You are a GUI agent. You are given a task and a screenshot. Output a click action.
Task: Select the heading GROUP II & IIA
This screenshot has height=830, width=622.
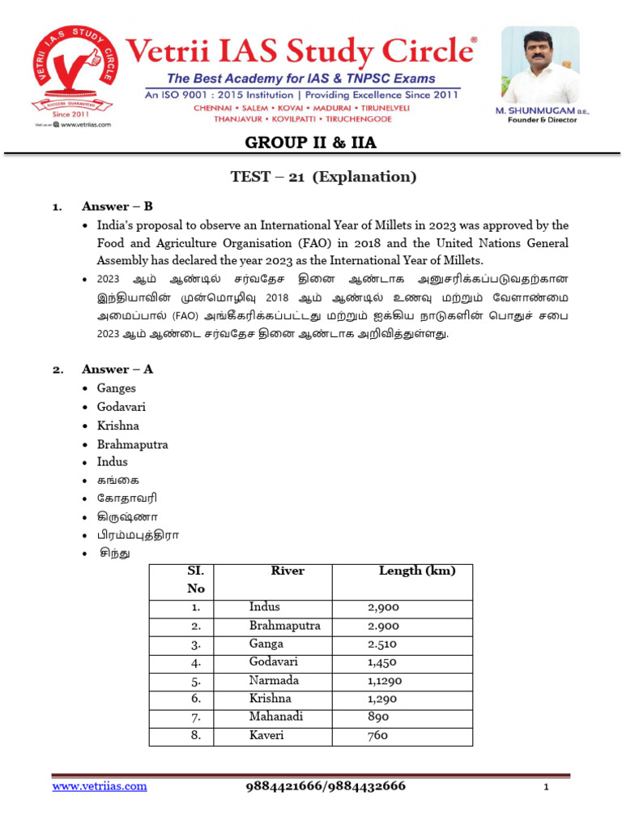311,143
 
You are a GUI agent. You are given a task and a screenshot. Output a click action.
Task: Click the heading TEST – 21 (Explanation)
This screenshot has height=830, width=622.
311,177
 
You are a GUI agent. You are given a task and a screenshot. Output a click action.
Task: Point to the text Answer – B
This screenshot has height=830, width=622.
117,206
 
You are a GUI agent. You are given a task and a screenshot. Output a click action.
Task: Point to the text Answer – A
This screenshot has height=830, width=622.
117,369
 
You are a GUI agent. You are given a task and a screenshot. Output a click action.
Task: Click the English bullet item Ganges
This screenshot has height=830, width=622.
117,388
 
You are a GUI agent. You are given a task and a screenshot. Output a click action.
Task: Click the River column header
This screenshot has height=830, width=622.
288,571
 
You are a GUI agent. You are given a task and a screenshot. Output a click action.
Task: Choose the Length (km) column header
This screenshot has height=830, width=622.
416,571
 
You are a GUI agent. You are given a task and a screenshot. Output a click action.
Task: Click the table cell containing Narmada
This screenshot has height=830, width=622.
274,680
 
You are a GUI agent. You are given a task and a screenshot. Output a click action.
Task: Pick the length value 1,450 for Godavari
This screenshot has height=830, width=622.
383,662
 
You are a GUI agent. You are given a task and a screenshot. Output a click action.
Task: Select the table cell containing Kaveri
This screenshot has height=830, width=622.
266,735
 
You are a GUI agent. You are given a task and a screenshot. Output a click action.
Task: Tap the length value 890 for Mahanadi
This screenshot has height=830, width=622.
377,717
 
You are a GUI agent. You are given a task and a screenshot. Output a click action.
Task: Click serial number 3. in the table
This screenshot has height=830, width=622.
196,644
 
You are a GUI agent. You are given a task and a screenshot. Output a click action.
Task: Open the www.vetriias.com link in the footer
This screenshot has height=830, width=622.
100,786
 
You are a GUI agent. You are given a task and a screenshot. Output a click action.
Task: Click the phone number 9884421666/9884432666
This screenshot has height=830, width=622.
326,786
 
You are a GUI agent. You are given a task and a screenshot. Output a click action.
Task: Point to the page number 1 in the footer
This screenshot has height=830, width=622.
547,788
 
